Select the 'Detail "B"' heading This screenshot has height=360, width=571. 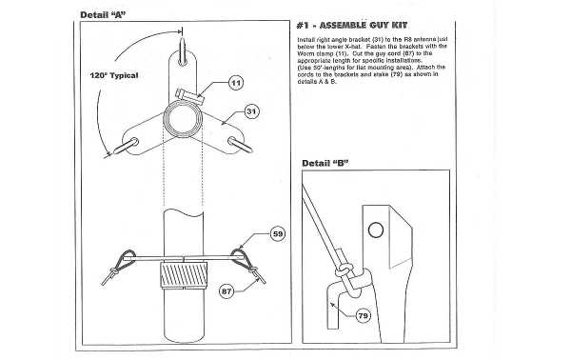click(325, 163)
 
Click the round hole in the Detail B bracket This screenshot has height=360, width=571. click(378, 229)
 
